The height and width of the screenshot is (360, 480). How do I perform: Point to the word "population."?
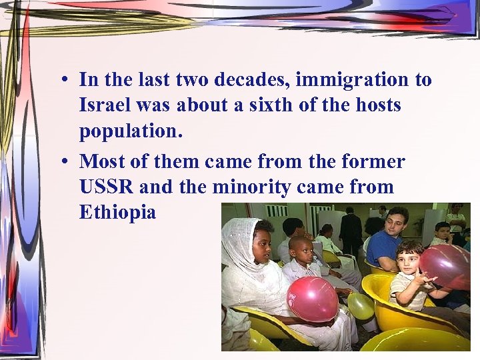(131, 131)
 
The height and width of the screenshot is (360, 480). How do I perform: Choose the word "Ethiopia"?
(117, 213)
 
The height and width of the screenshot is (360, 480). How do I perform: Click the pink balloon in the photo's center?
(312, 299)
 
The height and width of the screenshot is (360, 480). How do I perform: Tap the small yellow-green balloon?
(361, 305)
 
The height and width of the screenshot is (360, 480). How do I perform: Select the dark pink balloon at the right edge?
(446, 265)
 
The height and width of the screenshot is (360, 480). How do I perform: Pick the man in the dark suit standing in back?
(350, 230)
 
